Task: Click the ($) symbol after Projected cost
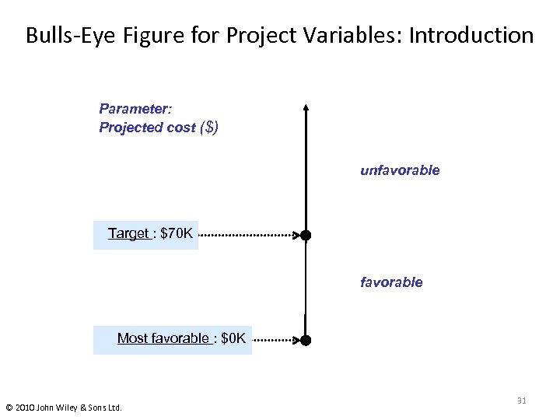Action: tap(209, 128)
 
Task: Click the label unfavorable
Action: tap(400, 170)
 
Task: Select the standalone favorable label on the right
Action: tap(391, 282)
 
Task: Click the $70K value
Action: tap(176, 233)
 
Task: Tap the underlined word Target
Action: tap(129, 233)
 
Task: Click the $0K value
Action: tap(233, 338)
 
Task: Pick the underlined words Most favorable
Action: tap(163, 338)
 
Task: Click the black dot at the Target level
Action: tap(306, 235)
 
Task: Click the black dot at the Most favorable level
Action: tap(306, 340)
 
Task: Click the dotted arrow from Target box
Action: tap(249, 234)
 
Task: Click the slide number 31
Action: tap(521, 401)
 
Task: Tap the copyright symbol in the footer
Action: tap(9, 407)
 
